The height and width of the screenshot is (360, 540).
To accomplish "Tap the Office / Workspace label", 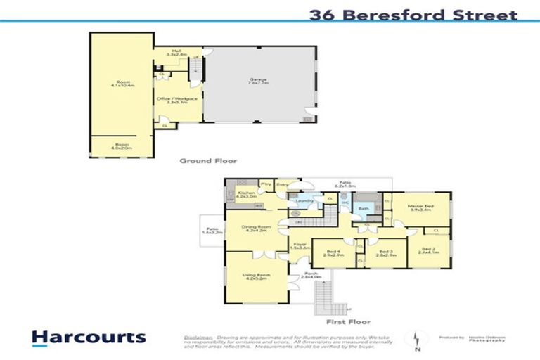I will pyautogui.click(x=179, y=101).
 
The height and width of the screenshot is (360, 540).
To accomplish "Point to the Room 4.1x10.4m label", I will pyautogui.click(x=121, y=84).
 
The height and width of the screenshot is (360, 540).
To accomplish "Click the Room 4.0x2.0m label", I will pyautogui.click(x=121, y=146).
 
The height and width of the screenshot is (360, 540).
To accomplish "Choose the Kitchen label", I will pyautogui.click(x=245, y=195).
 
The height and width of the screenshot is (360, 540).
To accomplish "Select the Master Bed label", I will pyautogui.click(x=420, y=207).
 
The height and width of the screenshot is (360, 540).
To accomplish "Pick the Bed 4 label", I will pyautogui.click(x=333, y=252).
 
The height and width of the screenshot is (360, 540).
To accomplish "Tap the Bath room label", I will pyautogui.click(x=364, y=209).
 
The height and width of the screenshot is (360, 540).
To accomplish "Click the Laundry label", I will pyautogui.click(x=303, y=200).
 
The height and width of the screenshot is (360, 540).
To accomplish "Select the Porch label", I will pyautogui.click(x=310, y=276).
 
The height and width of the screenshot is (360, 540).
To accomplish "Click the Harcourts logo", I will pyautogui.click(x=89, y=337).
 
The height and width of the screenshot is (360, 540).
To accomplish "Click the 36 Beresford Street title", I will pyautogui.click(x=413, y=14).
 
